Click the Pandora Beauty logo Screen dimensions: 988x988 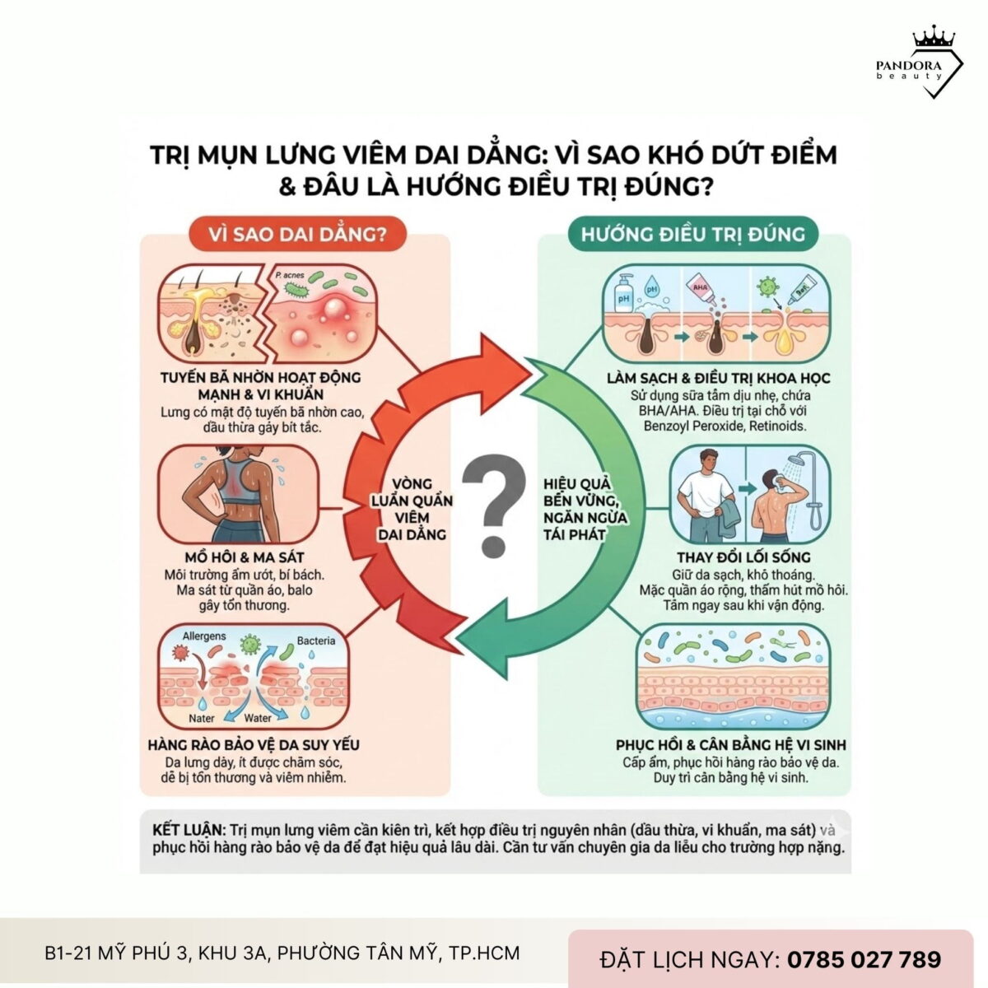(920, 64)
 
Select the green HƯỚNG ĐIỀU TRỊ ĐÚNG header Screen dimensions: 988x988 (693, 234)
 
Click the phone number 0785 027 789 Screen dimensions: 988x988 (864, 959)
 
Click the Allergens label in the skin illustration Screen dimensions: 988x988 (203, 636)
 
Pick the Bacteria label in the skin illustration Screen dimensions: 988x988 (315, 641)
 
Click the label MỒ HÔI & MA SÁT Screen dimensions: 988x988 (245, 557)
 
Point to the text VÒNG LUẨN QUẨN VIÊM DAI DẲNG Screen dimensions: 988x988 (412, 509)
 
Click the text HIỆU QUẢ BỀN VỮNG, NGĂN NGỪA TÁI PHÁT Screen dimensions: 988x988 (585, 509)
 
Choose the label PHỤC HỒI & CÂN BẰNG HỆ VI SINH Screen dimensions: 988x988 (731, 745)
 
